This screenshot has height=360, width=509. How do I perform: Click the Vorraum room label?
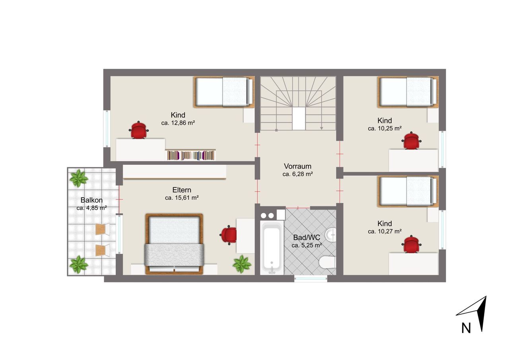point(297,166)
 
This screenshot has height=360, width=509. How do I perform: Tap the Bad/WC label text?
point(307,237)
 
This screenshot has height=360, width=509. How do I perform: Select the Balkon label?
point(91,200)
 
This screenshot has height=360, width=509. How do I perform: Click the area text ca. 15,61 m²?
point(182,198)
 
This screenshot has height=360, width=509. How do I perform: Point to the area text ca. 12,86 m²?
point(178,123)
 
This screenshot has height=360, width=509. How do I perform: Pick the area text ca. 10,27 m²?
point(385,232)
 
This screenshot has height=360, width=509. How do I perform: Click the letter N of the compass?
point(466,328)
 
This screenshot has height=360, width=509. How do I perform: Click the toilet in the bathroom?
point(327,262)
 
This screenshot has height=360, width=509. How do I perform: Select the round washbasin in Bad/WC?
point(330,234)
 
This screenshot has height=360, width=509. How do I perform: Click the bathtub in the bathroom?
point(272,248)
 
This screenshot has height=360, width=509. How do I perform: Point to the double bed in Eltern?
point(174,243)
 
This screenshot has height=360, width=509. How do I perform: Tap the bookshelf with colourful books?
point(191,155)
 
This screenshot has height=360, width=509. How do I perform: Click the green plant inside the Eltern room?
point(242,264)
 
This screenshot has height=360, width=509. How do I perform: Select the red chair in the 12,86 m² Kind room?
point(139,130)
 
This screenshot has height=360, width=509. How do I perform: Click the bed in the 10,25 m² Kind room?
point(408,92)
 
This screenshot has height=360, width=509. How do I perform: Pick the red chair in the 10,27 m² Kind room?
point(411,244)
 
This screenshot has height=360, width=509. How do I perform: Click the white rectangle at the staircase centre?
point(299,119)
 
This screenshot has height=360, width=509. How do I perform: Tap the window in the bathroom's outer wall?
point(311,278)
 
